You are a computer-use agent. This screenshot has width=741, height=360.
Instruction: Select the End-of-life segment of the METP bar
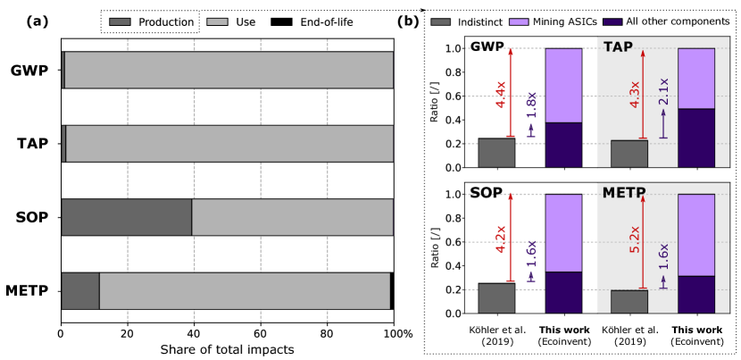(x=392, y=290)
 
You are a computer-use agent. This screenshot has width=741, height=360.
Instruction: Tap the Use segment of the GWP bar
(x=229, y=70)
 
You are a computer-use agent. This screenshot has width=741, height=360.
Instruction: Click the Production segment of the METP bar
(x=79, y=290)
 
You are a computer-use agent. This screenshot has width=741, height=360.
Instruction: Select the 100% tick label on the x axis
(x=396, y=334)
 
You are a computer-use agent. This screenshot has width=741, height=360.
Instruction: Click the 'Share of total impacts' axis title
(x=227, y=349)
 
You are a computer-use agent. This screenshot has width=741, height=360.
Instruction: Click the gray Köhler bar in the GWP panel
(x=496, y=153)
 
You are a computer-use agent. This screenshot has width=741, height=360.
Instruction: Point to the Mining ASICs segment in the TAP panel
(x=696, y=78)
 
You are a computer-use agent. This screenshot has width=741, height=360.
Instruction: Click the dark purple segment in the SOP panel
(x=563, y=292)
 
